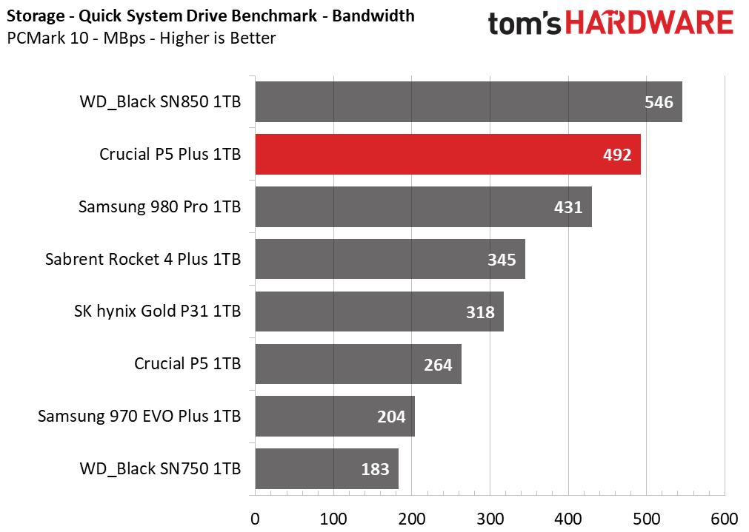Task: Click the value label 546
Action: [x=659, y=102]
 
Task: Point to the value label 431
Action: [x=569, y=207]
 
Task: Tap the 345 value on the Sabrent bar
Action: [x=502, y=260]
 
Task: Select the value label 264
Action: [x=438, y=364]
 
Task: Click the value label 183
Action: [x=375, y=469]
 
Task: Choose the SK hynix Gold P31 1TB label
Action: [x=157, y=312]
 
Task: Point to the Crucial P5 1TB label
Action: [x=187, y=364]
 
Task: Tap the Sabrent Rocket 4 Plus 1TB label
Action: [x=143, y=260]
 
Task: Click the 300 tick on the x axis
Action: [x=490, y=517]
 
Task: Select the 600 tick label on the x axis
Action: [x=724, y=517]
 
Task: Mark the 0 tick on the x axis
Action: [x=255, y=517]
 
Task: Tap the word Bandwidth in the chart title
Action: [x=373, y=16]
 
